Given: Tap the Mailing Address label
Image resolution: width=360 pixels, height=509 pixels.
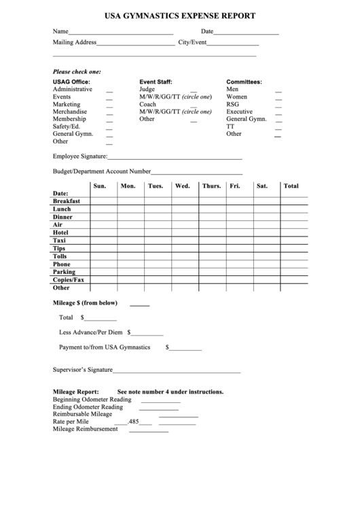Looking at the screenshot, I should click(x=74, y=42).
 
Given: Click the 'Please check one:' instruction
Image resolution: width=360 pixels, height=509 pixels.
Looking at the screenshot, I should click(x=77, y=71).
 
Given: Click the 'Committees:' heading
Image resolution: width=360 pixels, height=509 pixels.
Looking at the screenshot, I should click(x=244, y=82).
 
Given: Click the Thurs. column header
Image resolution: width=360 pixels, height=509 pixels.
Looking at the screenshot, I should click(x=211, y=186).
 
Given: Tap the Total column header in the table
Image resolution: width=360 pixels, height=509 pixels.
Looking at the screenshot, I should click(x=291, y=186).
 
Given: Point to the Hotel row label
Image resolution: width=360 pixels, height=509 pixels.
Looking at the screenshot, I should click(x=60, y=232).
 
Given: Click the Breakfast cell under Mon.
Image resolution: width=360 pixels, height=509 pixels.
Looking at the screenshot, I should click(x=130, y=202).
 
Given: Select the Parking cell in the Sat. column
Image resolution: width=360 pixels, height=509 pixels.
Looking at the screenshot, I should click(x=266, y=272).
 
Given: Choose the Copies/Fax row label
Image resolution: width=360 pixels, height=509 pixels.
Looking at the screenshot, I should click(x=69, y=279).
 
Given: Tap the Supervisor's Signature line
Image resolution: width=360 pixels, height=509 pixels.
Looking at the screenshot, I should click(x=177, y=372).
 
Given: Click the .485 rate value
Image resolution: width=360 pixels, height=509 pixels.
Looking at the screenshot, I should click(x=133, y=422).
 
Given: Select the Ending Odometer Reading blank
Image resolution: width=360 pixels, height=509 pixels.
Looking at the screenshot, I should click(x=159, y=408).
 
